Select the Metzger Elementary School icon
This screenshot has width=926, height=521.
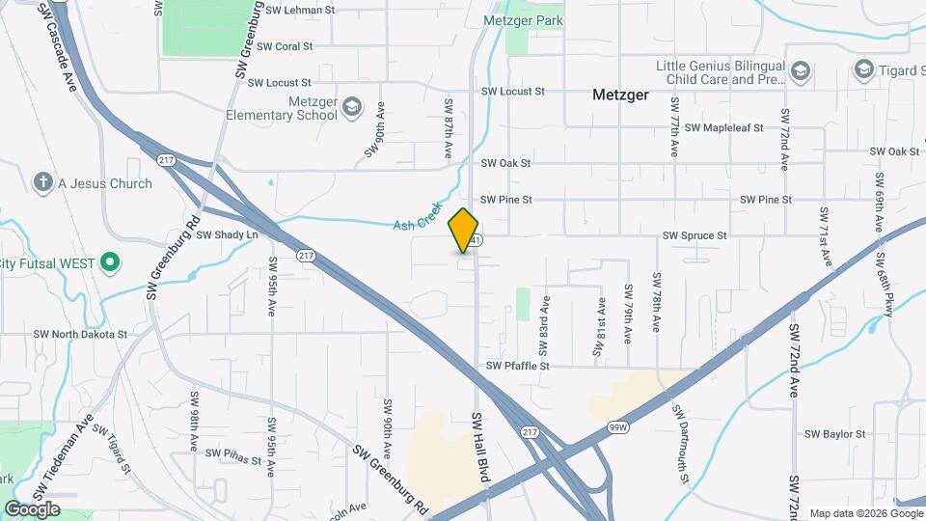352,105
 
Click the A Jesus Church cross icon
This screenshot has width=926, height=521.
42,182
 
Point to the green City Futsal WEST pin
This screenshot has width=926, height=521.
110,261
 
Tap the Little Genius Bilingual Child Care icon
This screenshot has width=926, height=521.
800,71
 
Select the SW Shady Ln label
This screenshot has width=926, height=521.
228,234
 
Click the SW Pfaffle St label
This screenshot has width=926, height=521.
518,367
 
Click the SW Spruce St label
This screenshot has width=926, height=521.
694,235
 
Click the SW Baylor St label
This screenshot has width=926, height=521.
834,435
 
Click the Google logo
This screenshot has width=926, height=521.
32,508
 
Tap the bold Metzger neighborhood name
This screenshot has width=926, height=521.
620,96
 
